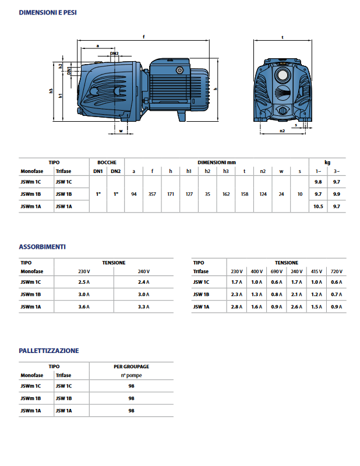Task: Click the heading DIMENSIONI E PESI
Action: [x=48, y=12]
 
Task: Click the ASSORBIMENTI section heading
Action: [x=42, y=246]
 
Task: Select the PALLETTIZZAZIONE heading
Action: [x=49, y=351]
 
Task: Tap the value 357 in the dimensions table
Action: [x=152, y=193]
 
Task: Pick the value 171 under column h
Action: [x=171, y=193]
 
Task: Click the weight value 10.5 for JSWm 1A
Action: [x=318, y=207]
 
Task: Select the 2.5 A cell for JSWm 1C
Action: [x=83, y=282]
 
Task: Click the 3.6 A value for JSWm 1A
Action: [x=83, y=306]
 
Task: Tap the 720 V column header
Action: [x=336, y=271]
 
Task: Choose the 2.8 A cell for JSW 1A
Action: [x=236, y=306]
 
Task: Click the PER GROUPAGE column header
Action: [x=131, y=366]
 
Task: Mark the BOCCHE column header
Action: [x=107, y=162]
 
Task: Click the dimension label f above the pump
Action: [x=143, y=37]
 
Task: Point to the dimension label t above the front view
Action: [x=282, y=37]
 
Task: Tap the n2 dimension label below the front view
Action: [x=281, y=132]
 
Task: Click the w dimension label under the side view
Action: [x=121, y=132]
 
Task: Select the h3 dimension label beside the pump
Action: [x=51, y=91]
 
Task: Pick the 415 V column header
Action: [x=316, y=271]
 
